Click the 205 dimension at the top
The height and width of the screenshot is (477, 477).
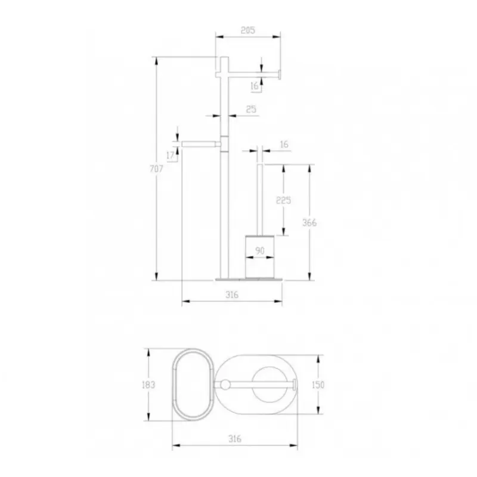click(247, 30)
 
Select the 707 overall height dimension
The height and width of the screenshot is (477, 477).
click(156, 169)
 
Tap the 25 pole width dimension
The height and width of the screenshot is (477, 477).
click(251, 109)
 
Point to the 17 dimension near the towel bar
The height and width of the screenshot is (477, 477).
click(171, 155)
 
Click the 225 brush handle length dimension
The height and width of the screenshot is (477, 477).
click(284, 200)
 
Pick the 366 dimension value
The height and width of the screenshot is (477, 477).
click(309, 222)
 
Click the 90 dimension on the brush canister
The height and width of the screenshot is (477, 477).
click(260, 250)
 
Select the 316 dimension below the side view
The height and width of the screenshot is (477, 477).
click(232, 295)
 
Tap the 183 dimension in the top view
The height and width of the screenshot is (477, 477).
click(148, 385)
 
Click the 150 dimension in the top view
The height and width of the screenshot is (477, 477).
click(318, 385)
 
